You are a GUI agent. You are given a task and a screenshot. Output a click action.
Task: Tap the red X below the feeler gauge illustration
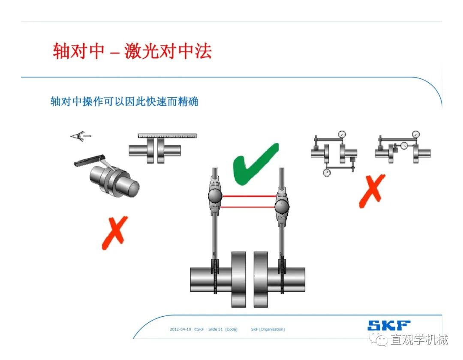114,233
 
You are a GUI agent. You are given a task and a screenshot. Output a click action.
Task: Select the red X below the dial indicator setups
372,190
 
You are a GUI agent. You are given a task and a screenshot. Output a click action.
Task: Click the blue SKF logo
388,325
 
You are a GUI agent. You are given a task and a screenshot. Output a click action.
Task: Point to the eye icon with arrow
81,136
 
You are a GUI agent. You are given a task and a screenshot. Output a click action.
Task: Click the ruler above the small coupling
168,136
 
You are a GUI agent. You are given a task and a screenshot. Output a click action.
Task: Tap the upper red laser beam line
250,196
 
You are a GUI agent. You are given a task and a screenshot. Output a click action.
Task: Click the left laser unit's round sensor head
215,195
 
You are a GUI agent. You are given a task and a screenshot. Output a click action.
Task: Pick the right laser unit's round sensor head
282,206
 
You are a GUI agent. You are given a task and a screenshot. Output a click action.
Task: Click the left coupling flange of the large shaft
239,279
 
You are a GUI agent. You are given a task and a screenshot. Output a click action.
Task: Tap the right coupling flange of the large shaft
261,279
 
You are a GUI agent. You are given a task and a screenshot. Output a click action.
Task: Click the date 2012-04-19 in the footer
180,329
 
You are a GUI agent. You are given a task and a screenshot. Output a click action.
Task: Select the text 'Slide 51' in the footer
215,329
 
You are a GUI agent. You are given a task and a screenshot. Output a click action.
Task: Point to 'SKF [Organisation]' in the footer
268,329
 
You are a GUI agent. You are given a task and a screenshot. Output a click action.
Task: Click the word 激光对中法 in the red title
168,51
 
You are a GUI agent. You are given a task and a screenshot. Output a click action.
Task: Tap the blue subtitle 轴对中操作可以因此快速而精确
124,102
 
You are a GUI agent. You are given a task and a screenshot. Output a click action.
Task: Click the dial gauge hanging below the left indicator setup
327,172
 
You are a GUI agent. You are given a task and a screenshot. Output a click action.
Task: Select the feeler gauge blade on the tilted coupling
90,159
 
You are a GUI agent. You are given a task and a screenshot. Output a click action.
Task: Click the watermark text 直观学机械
419,340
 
